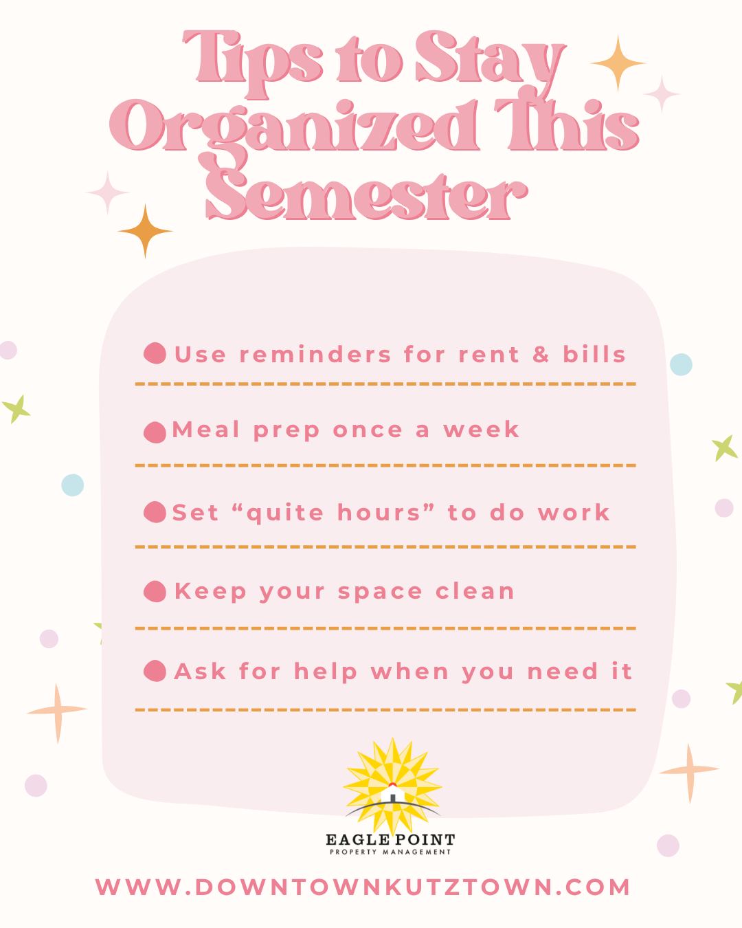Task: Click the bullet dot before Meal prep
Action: pyautogui.click(x=155, y=432)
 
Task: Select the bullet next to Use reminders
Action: pyautogui.click(x=155, y=353)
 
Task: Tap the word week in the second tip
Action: pyautogui.click(x=482, y=430)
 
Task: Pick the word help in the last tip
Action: pyautogui.click(x=326, y=672)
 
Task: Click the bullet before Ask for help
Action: pyautogui.click(x=155, y=670)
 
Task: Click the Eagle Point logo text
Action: pyautogui.click(x=390, y=839)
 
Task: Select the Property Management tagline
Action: pyautogui.click(x=390, y=852)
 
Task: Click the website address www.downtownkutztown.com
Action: pyautogui.click(x=363, y=887)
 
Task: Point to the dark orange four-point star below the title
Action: pyautogui.click(x=145, y=231)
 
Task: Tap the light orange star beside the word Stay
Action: pyautogui.click(x=617, y=63)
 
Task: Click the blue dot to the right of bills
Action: pyautogui.click(x=680, y=364)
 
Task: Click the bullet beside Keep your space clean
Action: pyautogui.click(x=155, y=591)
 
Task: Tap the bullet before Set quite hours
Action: pyautogui.click(x=155, y=512)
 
